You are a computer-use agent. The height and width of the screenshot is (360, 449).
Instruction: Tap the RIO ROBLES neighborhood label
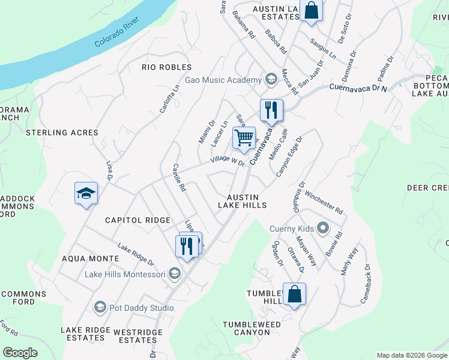pyautogui.click(x=166, y=67)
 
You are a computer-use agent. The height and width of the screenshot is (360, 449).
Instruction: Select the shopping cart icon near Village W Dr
pyautogui.click(x=244, y=137)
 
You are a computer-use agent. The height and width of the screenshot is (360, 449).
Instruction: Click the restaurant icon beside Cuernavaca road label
pyautogui.click(x=271, y=110)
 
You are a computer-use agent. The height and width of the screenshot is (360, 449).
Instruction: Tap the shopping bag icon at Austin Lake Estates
pyautogui.click(x=311, y=10)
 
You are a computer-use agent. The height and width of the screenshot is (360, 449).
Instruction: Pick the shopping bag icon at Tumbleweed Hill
pyautogui.click(x=294, y=294)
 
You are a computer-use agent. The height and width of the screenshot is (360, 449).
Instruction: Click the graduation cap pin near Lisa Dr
pyautogui.click(x=86, y=193)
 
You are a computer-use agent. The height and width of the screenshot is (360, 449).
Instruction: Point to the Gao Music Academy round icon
pyautogui.click(x=271, y=80)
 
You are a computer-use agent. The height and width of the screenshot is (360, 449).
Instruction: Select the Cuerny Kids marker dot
pyautogui.click(x=323, y=228)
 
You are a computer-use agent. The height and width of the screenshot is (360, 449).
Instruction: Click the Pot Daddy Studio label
pyautogui.click(x=139, y=308)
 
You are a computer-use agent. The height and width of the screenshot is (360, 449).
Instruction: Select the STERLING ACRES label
pyautogui.click(x=61, y=133)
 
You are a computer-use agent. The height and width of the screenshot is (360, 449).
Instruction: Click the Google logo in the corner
pyautogui.click(x=20, y=353)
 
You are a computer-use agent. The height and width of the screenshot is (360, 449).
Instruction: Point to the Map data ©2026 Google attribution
pyautogui.click(x=411, y=355)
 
